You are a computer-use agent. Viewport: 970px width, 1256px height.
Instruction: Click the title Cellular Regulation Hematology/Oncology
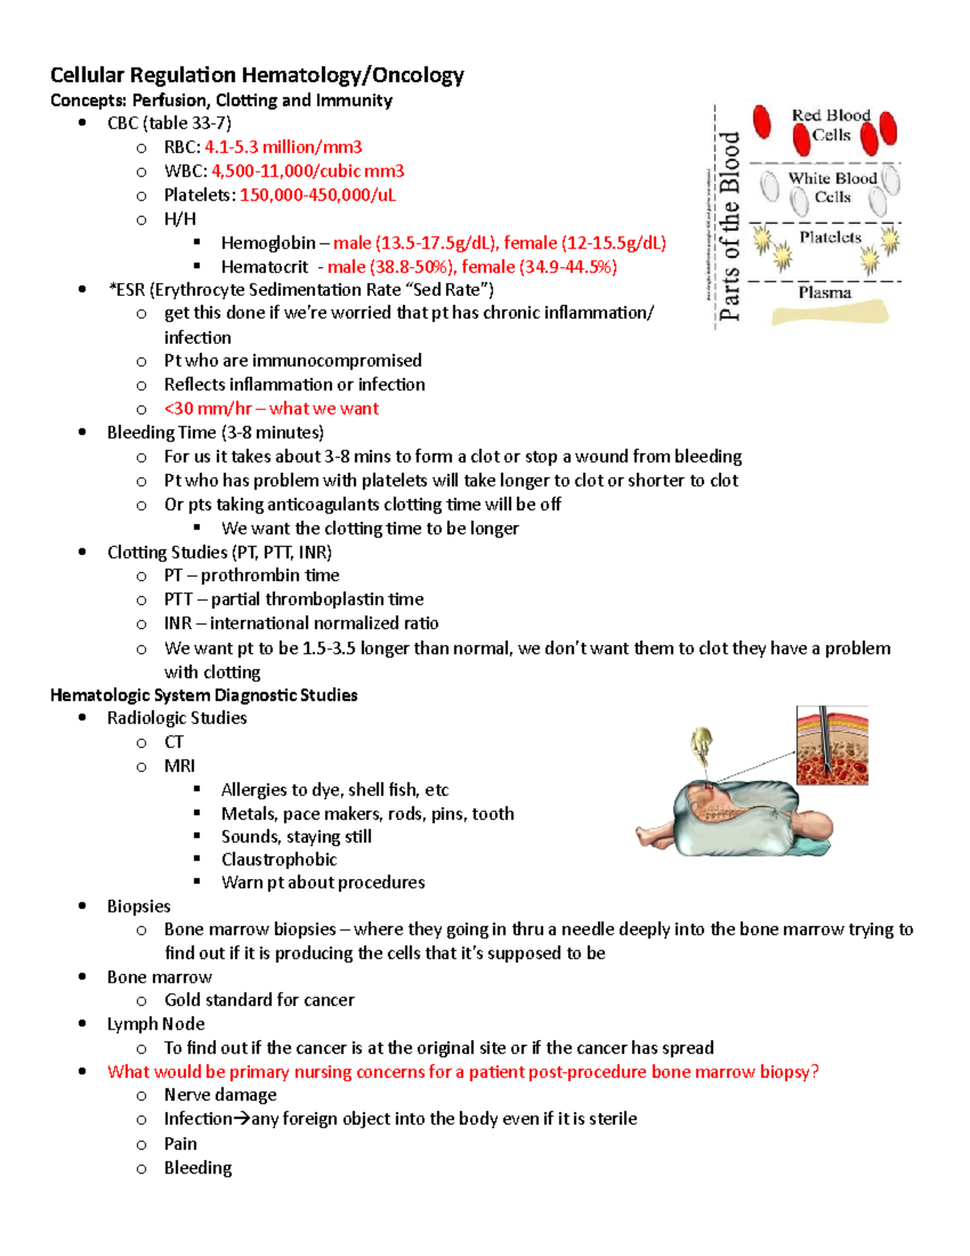[x=256, y=75]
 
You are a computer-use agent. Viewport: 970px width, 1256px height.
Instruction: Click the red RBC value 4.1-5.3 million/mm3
[x=283, y=147]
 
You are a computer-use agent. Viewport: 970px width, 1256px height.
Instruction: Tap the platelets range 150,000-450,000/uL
[x=318, y=196]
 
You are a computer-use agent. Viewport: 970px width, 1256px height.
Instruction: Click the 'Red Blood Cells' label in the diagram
[x=831, y=125]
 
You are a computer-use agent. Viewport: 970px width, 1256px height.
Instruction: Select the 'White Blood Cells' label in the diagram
[x=832, y=188]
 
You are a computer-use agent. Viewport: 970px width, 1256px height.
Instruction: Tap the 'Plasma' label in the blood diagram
[x=824, y=293]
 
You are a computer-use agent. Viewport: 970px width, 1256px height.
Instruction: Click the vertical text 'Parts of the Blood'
[x=730, y=226]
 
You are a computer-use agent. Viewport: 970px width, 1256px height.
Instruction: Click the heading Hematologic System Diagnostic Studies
[x=204, y=696]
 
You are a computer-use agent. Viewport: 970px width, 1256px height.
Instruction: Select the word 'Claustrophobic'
[x=279, y=860]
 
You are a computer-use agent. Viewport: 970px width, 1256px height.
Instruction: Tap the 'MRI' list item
[x=179, y=766]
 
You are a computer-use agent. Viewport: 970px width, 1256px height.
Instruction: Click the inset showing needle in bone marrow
[x=832, y=745]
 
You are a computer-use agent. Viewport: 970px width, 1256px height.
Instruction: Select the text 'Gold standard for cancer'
[x=259, y=1000]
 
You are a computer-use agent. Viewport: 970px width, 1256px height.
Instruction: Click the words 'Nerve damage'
[x=220, y=1095]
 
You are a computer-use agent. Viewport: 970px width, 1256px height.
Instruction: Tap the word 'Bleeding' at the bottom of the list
[x=198, y=1168]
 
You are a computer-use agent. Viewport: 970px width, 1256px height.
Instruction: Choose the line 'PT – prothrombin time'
[x=251, y=576]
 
